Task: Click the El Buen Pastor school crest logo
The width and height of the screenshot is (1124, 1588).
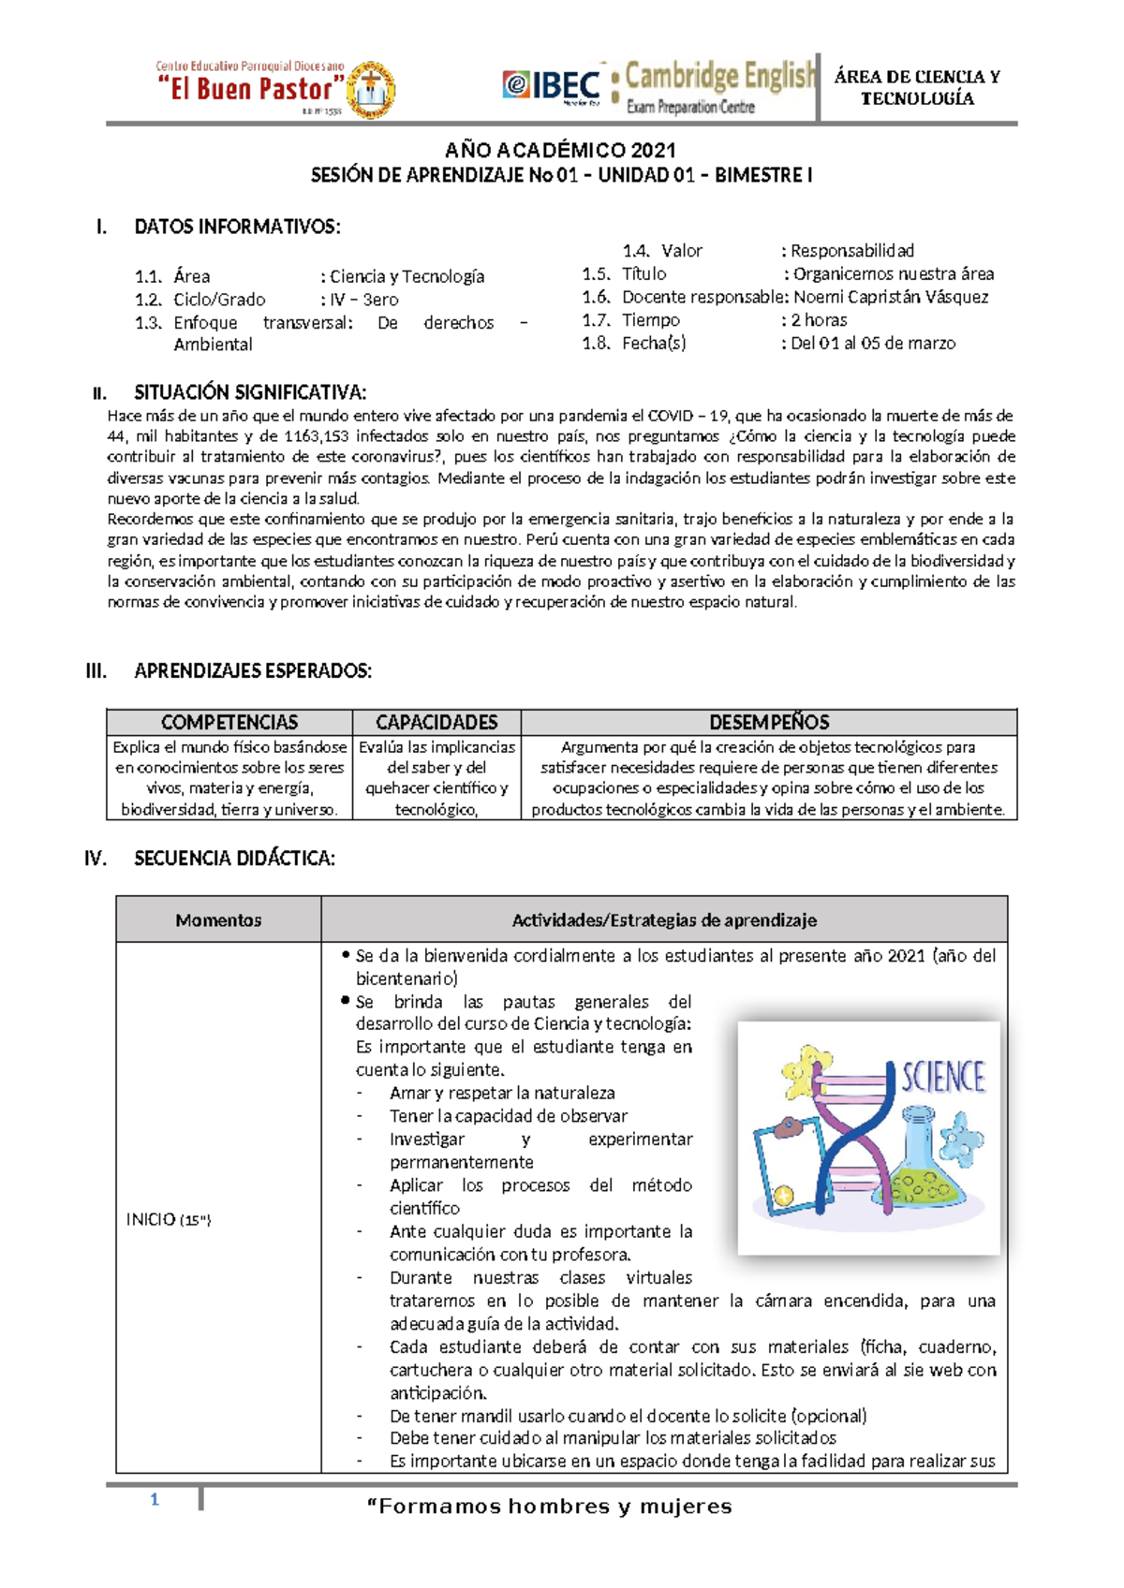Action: coord(371,91)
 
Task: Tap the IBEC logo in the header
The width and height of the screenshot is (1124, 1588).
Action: coord(553,86)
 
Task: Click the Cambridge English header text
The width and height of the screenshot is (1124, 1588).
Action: coord(719,76)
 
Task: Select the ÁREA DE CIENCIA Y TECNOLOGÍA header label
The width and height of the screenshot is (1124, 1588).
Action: coord(917,87)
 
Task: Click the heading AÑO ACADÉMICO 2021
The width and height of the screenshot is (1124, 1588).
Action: coord(560,150)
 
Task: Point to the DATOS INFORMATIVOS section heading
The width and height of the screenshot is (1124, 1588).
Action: coord(237,227)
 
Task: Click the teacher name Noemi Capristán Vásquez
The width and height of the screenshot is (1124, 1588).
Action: coord(890,297)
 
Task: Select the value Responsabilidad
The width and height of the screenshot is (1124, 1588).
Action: coord(851,250)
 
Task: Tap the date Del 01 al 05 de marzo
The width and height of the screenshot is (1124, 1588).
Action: coord(872,343)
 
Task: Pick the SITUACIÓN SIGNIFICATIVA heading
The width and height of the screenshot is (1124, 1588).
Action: coord(250,391)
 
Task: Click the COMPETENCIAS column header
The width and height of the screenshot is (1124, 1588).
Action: coord(229,722)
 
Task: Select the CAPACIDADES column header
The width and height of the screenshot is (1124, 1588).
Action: coord(436,722)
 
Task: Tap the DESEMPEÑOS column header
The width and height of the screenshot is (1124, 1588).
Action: coord(769,722)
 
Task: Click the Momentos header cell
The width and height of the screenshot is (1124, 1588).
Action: coord(218,919)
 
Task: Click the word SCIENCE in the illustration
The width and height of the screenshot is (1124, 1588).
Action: coord(942,1078)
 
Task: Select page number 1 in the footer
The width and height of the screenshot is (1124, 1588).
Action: coord(155,1500)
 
